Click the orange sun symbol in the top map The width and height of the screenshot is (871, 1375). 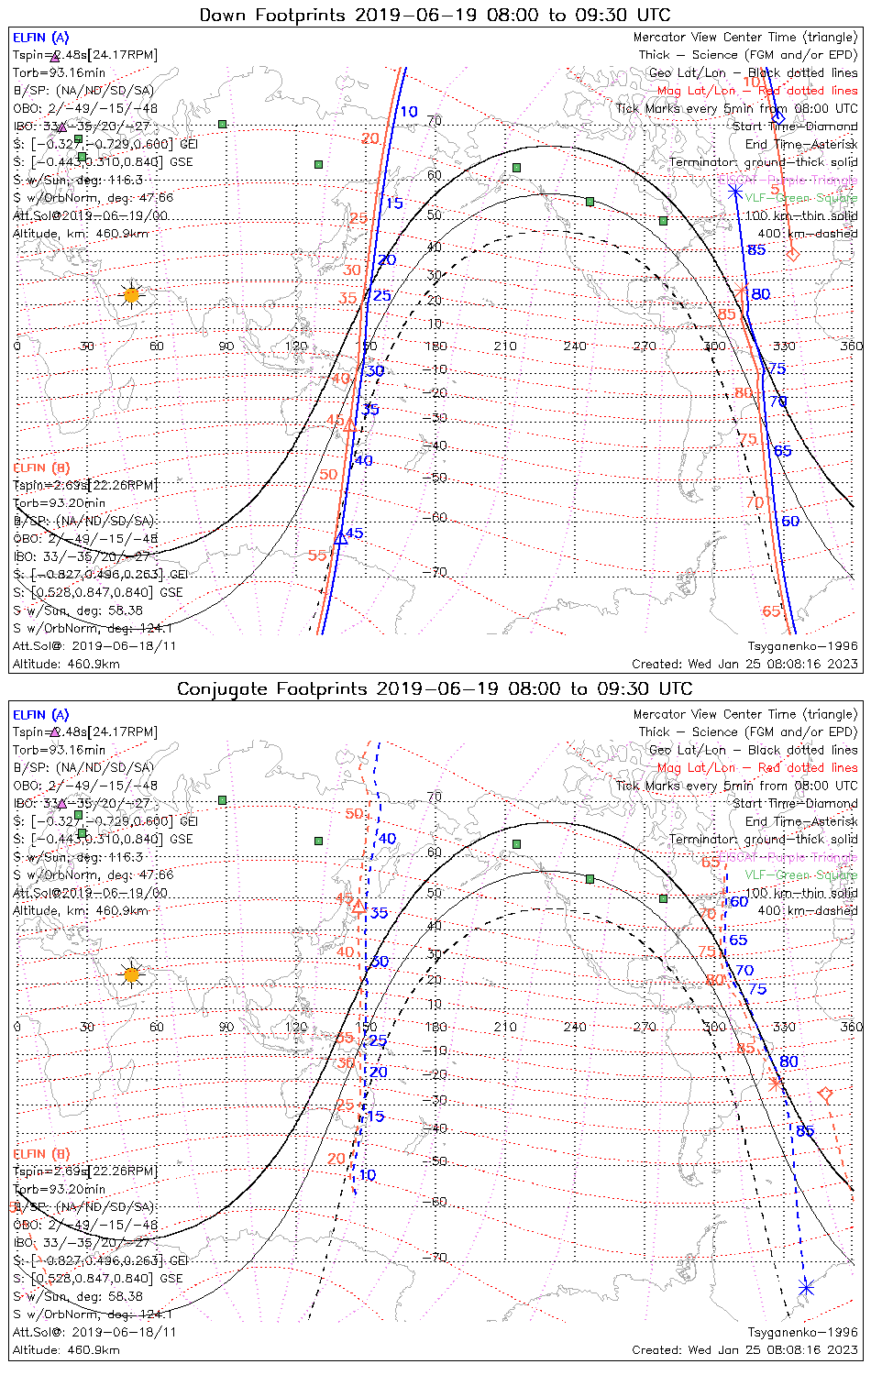[131, 295]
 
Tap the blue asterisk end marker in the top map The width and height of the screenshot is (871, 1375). [735, 192]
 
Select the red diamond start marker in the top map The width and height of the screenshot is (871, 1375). [793, 254]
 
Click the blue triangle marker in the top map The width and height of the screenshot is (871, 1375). [340, 537]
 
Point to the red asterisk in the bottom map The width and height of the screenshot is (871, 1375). [777, 1083]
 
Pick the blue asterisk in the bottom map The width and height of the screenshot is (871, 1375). [806, 1288]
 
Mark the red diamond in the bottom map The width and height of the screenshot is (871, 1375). [824, 1094]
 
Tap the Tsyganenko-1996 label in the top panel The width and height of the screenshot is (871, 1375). [802, 646]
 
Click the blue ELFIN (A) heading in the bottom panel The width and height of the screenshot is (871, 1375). [41, 715]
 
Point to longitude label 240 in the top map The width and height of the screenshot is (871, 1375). [575, 346]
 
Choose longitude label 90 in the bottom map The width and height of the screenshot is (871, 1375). [226, 1027]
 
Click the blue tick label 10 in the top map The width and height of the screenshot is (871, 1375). [408, 112]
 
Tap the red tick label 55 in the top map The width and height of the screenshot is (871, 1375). [317, 555]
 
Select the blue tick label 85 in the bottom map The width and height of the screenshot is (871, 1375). [805, 1131]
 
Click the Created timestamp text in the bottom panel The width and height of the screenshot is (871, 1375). [744, 1350]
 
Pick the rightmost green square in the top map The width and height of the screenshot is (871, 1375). [664, 221]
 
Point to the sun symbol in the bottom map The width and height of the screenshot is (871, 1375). [131, 974]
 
